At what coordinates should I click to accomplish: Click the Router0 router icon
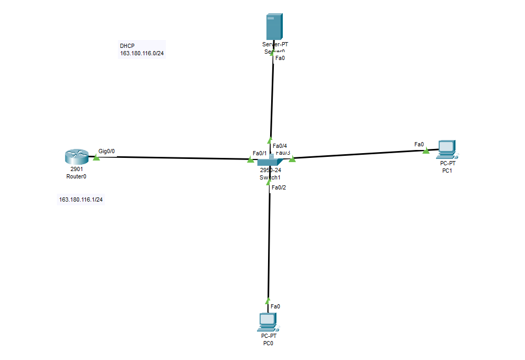(x=76, y=156)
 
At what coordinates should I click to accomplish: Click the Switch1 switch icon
(x=270, y=161)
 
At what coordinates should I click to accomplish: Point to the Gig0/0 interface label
(x=106, y=151)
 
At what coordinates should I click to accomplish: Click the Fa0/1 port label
(x=260, y=153)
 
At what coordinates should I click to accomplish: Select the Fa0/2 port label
(x=279, y=187)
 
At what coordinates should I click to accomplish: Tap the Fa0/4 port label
(x=280, y=146)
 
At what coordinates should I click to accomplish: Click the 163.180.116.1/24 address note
(x=81, y=200)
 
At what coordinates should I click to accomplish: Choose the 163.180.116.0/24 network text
(x=142, y=53)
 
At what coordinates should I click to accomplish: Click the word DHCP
(x=127, y=46)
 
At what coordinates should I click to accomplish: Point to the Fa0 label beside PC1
(x=419, y=144)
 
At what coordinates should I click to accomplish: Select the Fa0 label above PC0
(x=275, y=306)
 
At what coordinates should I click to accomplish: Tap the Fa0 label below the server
(x=280, y=58)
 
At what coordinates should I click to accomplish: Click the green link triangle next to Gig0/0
(x=96, y=157)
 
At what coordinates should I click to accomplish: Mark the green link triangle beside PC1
(x=425, y=151)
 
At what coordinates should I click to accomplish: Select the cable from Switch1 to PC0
(x=269, y=242)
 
